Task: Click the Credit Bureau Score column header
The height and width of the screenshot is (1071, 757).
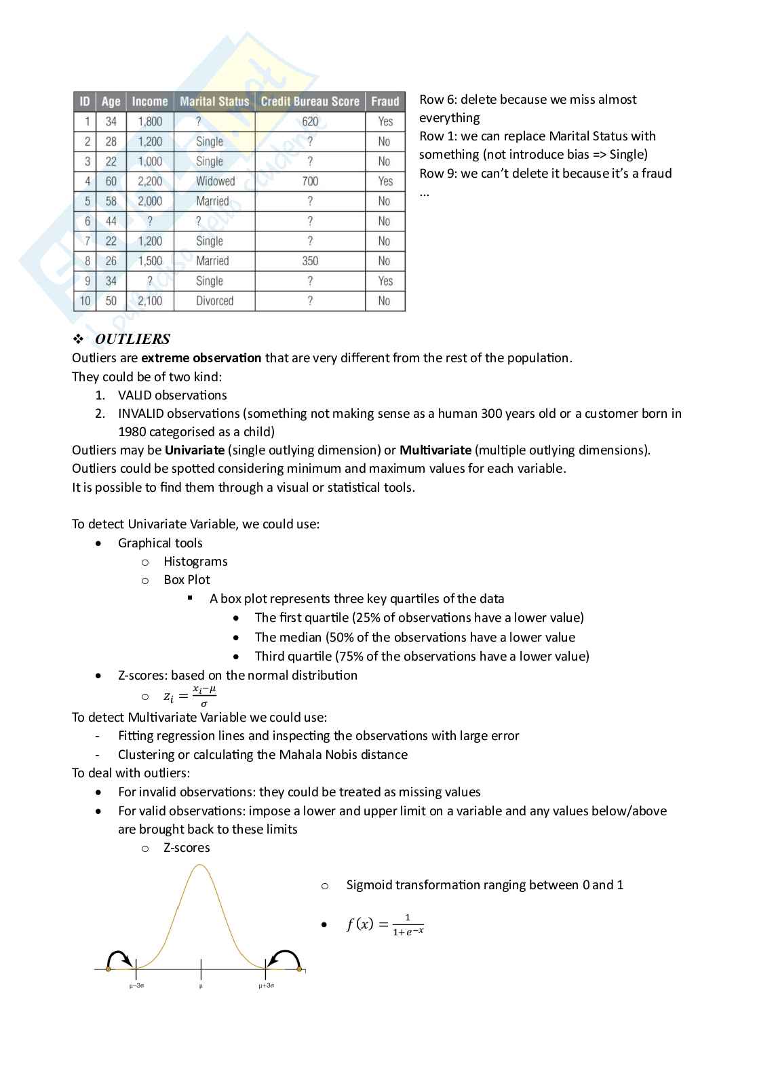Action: tap(310, 102)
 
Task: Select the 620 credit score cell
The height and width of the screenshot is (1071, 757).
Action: tap(310, 121)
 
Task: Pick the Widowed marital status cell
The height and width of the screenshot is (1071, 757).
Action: tap(215, 181)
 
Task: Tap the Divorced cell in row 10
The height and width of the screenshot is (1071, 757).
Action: tap(214, 300)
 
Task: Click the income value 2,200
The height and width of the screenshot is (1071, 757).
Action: tap(150, 181)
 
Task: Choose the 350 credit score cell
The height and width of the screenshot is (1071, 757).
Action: tap(310, 261)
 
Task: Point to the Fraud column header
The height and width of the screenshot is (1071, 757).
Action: tap(385, 102)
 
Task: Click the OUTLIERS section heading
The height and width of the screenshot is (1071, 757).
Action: tap(132, 339)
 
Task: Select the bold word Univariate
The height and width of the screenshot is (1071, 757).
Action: tap(195, 450)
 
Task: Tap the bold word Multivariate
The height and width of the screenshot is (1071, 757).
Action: tap(435, 450)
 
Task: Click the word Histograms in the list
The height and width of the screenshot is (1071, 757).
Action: tap(195, 562)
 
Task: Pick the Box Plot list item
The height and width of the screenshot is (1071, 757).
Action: tap(187, 580)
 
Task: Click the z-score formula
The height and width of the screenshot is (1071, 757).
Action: tap(190, 697)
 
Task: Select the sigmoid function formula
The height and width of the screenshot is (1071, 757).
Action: tap(385, 924)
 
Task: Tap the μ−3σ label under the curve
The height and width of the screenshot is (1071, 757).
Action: tap(136, 986)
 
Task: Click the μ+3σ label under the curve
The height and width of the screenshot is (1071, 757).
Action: tap(267, 986)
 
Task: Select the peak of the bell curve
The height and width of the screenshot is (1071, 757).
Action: tap(200, 865)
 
